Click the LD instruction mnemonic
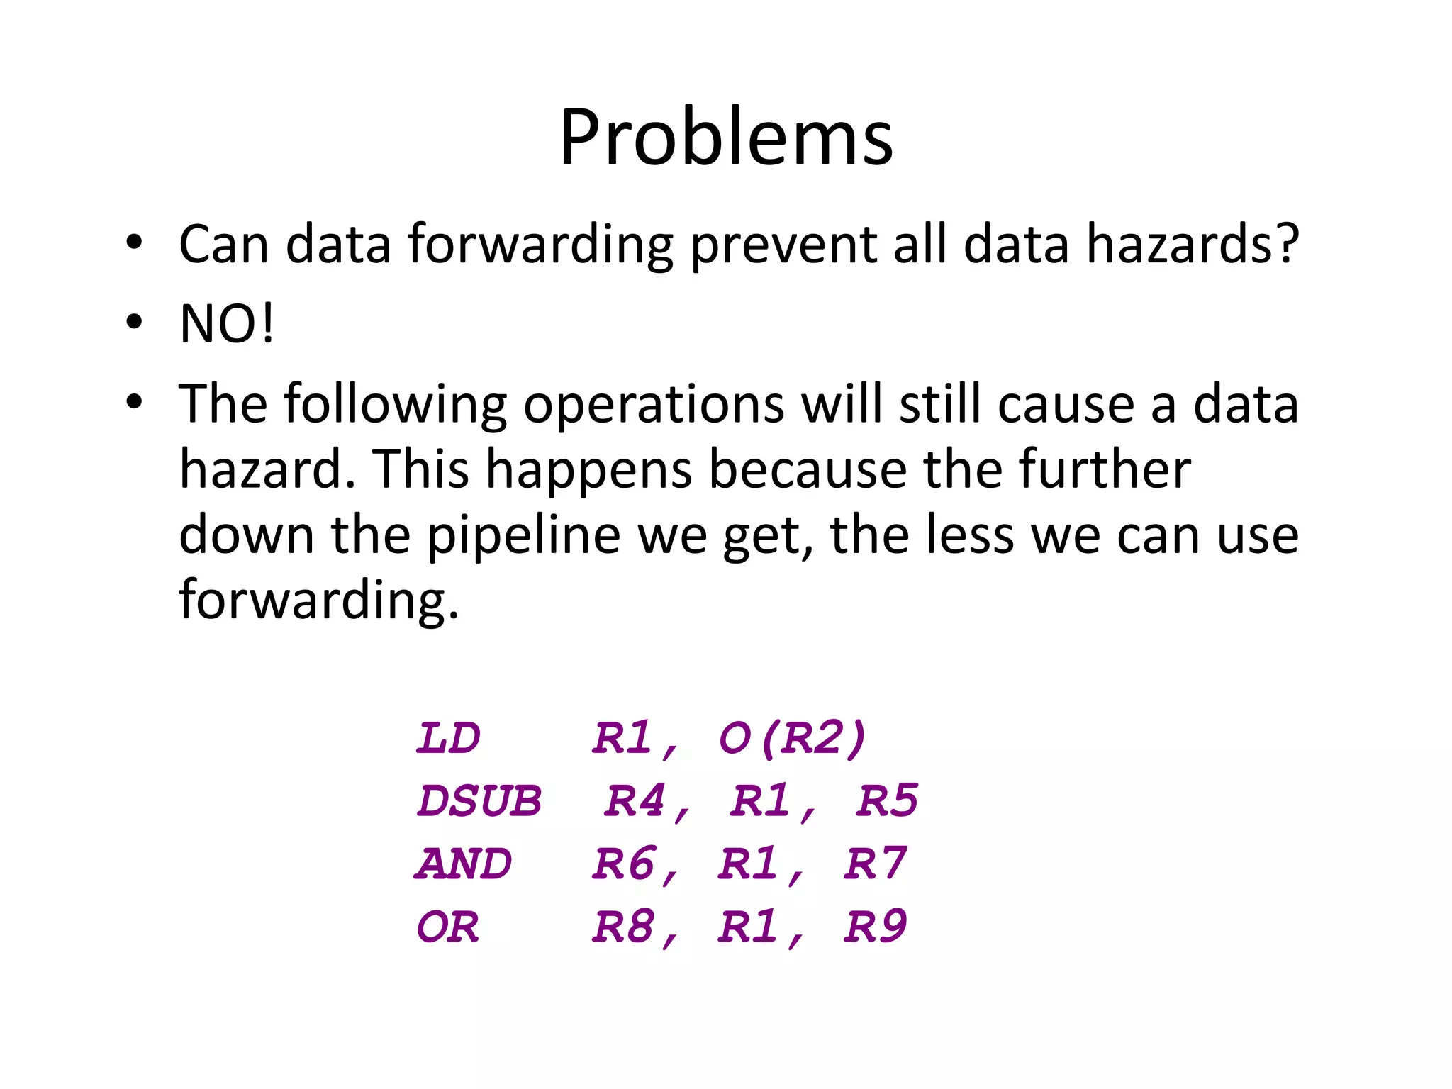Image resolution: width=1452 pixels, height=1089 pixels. pyautogui.click(x=448, y=738)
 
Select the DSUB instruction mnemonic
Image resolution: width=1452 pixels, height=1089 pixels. pyautogui.click(x=479, y=801)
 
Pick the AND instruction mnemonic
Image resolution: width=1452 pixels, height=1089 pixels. pyautogui.click(x=464, y=864)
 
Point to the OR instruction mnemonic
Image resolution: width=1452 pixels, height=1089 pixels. pyautogui.click(x=448, y=927)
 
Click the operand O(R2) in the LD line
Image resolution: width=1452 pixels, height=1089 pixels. pyautogui.click(x=793, y=738)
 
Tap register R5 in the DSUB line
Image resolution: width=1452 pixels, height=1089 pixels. pyautogui.click(x=886, y=801)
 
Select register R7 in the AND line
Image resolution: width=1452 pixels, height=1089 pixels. pyautogui.click(x=875, y=864)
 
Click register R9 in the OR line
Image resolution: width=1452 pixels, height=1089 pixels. pyautogui.click(x=875, y=927)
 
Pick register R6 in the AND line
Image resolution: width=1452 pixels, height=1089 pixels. pyautogui.click(x=624, y=864)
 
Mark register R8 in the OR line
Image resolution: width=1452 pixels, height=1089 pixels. pyautogui.click(x=624, y=927)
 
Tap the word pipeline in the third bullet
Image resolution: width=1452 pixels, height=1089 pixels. pyautogui.click(x=524, y=535)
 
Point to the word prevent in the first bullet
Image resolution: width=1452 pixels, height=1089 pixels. pyautogui.click(x=783, y=245)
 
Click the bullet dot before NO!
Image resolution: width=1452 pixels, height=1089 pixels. pyautogui.click(x=134, y=323)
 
